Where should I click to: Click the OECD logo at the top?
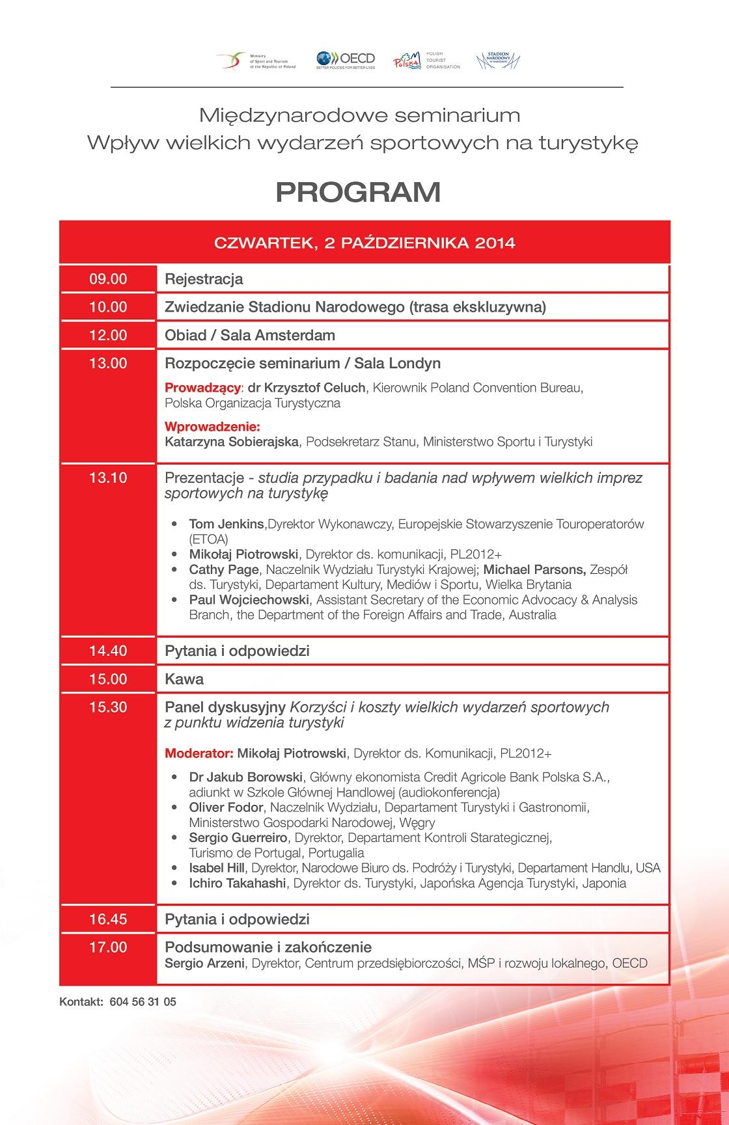346,60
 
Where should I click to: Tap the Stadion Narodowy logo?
498,61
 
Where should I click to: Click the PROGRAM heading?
358,192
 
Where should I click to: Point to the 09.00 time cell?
108,279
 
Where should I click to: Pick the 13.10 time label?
108,478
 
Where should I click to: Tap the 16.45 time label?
108,919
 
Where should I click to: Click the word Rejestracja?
204,279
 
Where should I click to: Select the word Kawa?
184,679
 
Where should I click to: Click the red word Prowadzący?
202,388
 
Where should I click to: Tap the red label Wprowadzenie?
212,427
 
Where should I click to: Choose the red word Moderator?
199,753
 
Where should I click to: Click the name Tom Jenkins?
227,524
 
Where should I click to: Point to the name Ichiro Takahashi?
238,883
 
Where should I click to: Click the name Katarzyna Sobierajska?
232,442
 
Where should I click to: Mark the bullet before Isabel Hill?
174,869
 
